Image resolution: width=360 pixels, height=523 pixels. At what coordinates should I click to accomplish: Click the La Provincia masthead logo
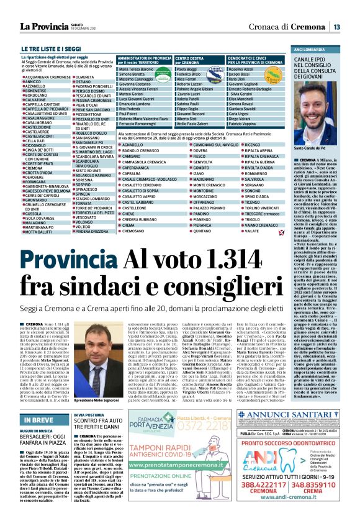(43, 27)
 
